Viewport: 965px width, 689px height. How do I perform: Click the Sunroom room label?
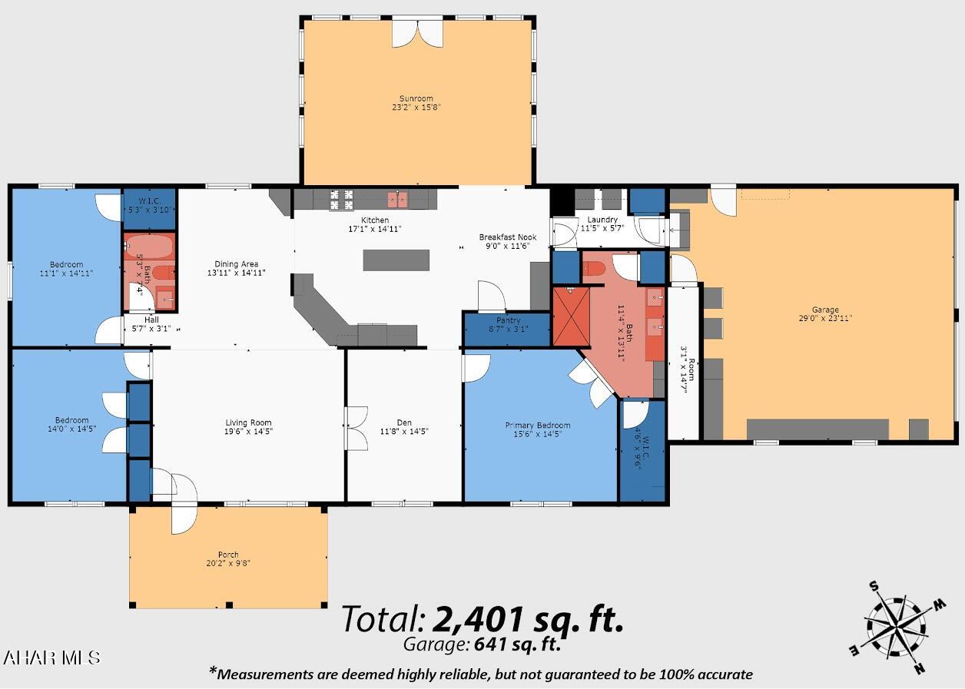tap(416, 98)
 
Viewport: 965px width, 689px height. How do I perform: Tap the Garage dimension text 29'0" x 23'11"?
tap(825, 318)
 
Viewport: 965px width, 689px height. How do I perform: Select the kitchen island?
tap(396, 260)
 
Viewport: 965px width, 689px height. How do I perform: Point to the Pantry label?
tap(509, 320)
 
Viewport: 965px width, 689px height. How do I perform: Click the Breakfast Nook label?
tap(508, 237)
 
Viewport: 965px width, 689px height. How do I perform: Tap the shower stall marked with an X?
tap(572, 316)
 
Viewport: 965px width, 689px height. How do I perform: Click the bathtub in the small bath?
tap(149, 247)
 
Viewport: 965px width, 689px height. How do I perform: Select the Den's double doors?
tap(356, 428)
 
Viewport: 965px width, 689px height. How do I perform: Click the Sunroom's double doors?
tap(417, 34)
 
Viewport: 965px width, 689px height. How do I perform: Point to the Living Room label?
tap(249, 423)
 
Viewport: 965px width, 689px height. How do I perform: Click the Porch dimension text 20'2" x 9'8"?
tap(228, 563)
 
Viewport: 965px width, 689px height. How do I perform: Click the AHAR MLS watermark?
tap(51, 658)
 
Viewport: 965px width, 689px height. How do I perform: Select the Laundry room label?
tap(602, 220)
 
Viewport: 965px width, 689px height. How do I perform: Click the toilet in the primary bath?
tap(595, 269)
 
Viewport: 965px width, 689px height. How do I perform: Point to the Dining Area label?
tap(237, 264)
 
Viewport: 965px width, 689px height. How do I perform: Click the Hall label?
tap(151, 320)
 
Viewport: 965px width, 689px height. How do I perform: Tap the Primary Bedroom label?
tap(538, 426)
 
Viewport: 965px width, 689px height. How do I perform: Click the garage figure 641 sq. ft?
tap(517, 644)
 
